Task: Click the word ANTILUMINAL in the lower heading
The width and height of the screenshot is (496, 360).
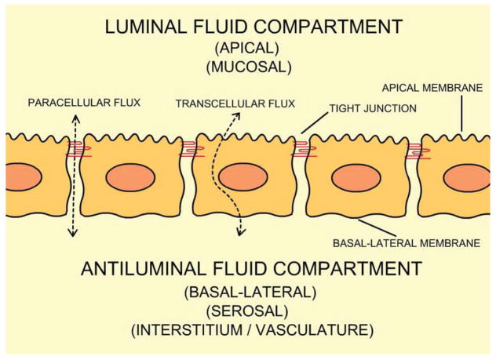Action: click(x=158, y=271)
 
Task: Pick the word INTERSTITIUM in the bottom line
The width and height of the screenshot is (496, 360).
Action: click(x=188, y=331)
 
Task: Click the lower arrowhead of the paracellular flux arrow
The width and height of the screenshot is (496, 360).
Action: click(x=74, y=233)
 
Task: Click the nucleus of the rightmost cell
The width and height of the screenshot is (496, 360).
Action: click(x=467, y=179)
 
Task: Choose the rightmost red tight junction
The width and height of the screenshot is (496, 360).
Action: click(x=414, y=151)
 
